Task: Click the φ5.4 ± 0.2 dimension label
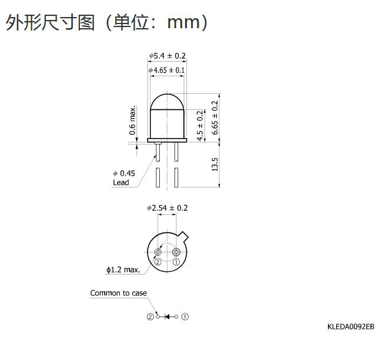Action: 168,56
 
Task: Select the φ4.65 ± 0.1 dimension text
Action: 166,70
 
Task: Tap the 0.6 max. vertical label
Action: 132,120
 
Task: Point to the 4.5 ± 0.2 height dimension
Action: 200,126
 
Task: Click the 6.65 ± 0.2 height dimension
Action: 215,117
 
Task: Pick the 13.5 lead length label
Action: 215,164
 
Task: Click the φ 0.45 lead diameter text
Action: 124,173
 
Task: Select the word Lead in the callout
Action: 121,183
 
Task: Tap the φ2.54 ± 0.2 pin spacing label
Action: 168,208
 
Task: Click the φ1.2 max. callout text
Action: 123,270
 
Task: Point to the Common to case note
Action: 118,293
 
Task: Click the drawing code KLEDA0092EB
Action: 351,327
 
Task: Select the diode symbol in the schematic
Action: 167,317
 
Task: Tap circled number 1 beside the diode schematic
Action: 185,317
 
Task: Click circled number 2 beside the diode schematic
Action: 150,317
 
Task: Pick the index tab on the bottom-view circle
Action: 183,236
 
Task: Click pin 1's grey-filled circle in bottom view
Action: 176,252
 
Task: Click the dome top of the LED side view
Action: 167,95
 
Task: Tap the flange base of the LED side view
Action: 167,140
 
